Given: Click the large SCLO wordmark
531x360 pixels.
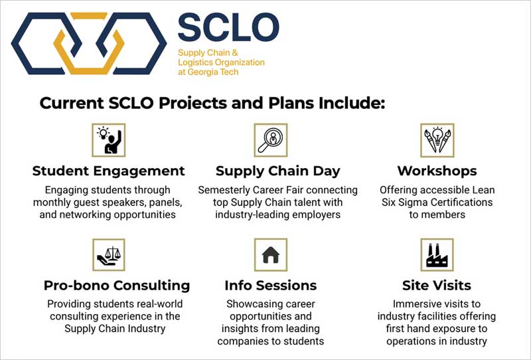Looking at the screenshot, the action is (228, 27).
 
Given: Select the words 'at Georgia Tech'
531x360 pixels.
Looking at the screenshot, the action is (208, 72).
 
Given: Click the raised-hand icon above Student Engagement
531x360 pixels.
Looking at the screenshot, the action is (109, 140).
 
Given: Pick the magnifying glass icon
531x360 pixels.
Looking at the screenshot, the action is (271, 140).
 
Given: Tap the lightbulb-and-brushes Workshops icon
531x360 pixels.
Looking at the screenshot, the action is (437, 140).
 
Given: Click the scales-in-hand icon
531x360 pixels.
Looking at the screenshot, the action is (109, 255).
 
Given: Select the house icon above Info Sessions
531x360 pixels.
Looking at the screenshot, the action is (271, 255).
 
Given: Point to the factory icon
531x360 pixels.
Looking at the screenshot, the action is (437, 255).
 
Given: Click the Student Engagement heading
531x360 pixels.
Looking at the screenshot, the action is (109, 171).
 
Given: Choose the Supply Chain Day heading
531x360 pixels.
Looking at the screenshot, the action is (277, 171).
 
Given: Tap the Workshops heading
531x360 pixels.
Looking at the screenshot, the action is (437, 171).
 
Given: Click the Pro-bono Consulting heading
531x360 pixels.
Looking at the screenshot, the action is (117, 286).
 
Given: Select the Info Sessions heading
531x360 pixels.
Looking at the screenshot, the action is (271, 286).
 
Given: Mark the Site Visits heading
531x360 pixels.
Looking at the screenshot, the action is (437, 286).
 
